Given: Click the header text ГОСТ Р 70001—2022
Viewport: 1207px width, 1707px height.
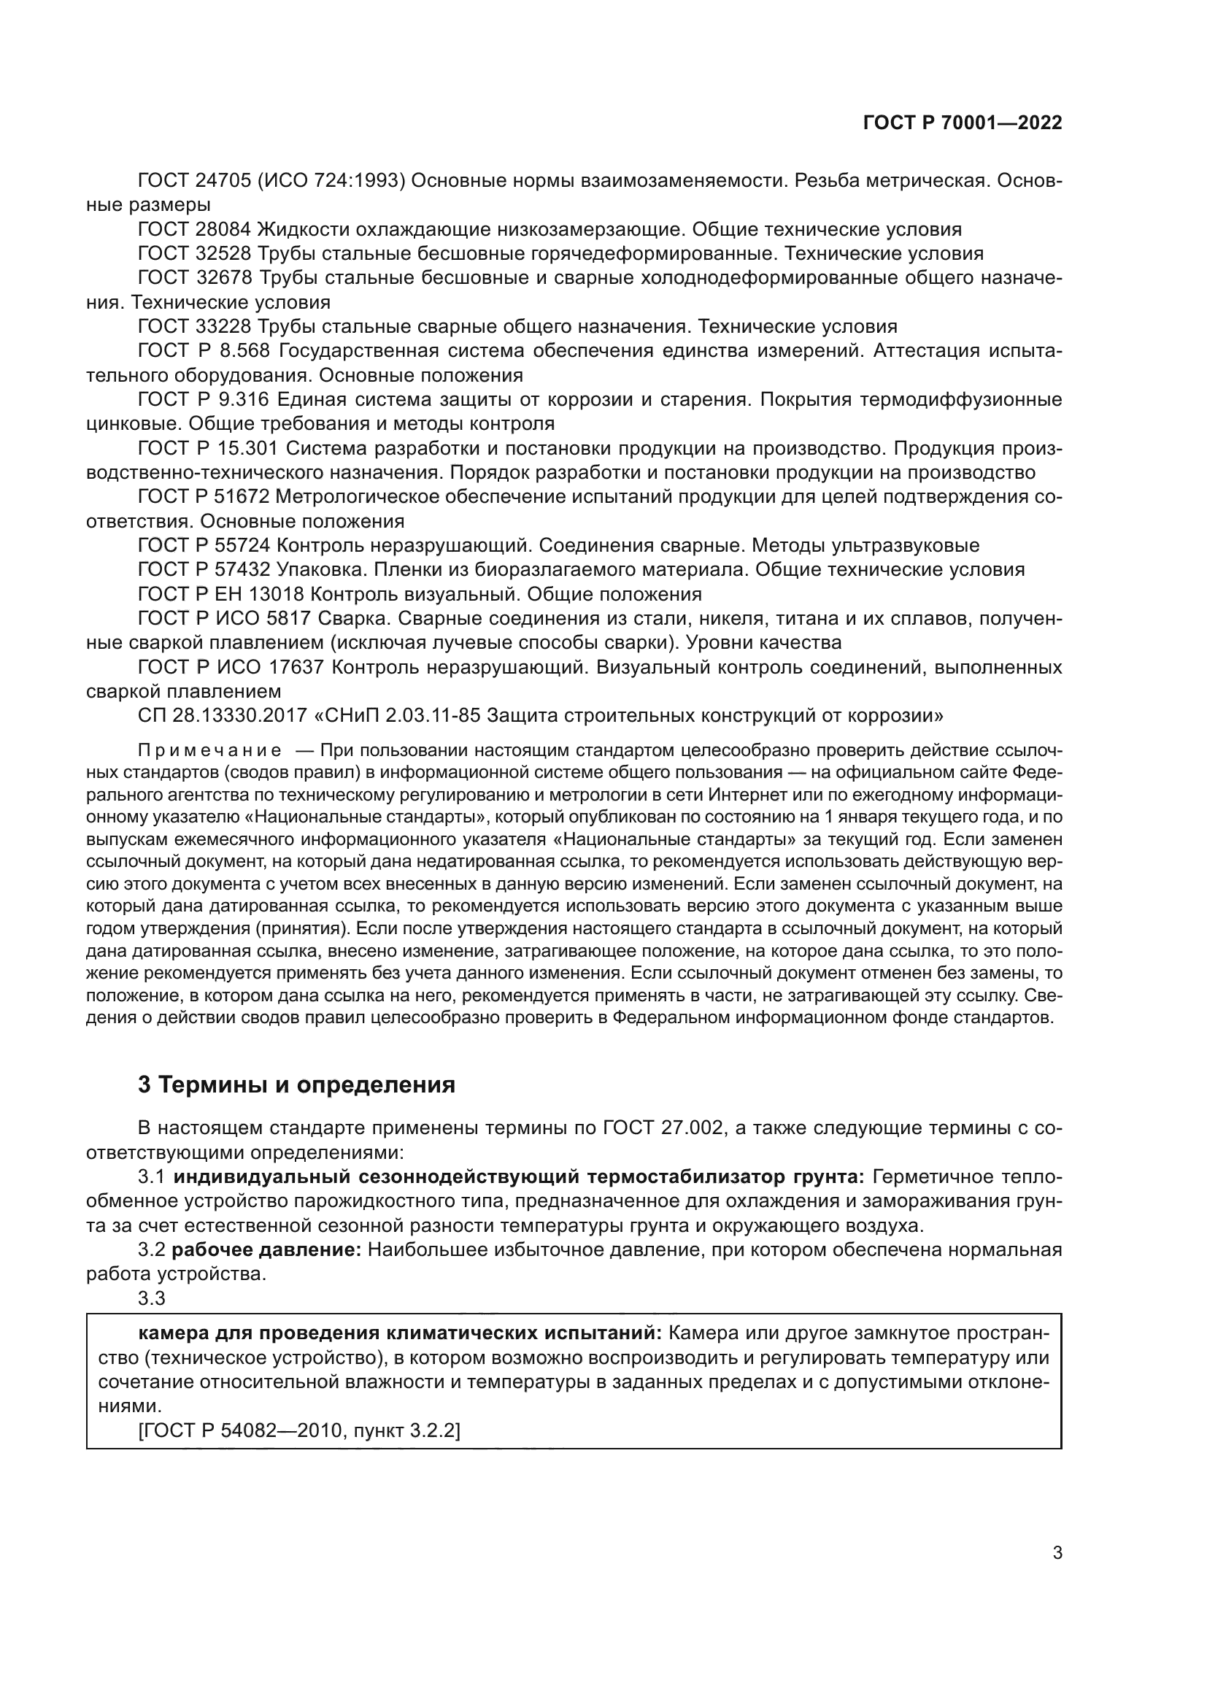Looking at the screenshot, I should click(963, 123).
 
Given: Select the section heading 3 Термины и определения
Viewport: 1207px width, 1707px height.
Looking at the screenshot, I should click(296, 1084).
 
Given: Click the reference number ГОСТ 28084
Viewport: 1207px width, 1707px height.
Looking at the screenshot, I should click(196, 229).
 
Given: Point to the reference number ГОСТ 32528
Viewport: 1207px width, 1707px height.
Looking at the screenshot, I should click(196, 253).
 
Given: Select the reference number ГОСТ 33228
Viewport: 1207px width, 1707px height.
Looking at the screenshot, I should click(196, 326).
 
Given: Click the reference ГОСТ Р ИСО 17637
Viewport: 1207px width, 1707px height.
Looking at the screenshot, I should click(231, 667).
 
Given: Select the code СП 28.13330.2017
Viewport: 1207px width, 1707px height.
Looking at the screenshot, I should click(223, 715).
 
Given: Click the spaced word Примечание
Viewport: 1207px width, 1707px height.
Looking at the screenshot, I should click(209, 750).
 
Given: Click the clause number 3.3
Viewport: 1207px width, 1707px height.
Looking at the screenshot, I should click(152, 1298).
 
